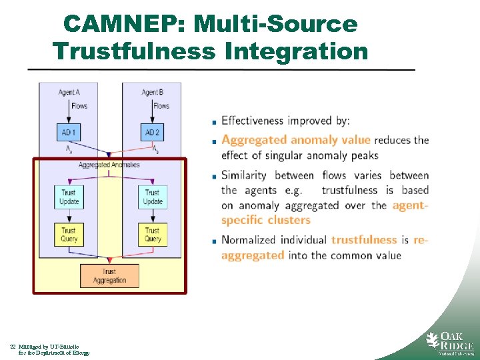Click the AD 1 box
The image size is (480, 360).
pos(69,133)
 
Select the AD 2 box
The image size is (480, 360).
pos(153,133)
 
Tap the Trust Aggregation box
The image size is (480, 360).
pos(109,276)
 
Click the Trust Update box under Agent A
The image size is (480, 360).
pos(69,197)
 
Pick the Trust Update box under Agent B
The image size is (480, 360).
pos(153,197)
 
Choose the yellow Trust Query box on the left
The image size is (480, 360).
pos(69,234)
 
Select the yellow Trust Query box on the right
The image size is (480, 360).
pos(153,234)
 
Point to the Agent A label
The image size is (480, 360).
pos(69,92)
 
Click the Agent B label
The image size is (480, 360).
pos(153,92)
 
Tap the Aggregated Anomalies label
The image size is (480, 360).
pos(109,165)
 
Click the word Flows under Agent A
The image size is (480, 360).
pos(79,106)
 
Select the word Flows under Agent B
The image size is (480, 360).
pos(161,106)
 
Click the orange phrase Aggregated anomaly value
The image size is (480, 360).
pos(296,140)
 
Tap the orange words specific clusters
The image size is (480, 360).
pos(266,220)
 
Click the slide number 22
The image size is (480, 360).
pos(13,347)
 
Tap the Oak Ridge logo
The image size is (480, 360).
pos(450,343)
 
